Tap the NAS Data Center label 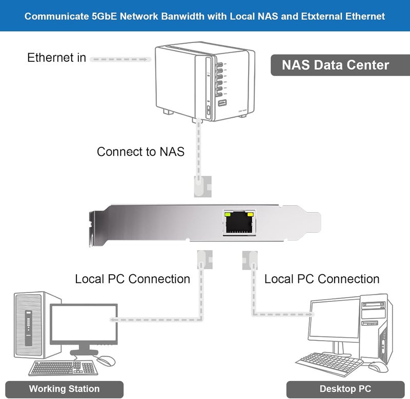[336, 65]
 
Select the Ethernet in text [56, 57]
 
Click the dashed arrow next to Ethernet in [120, 59]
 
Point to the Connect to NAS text [140, 151]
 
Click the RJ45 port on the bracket [239, 223]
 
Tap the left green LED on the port [228, 215]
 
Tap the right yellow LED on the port [250, 215]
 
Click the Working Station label [65, 389]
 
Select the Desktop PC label [345, 389]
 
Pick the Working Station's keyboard [64, 368]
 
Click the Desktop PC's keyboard [329, 363]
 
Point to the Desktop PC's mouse [378, 367]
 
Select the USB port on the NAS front [222, 103]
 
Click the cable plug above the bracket [202, 186]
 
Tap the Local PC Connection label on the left [133, 279]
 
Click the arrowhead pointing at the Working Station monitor [113, 320]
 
